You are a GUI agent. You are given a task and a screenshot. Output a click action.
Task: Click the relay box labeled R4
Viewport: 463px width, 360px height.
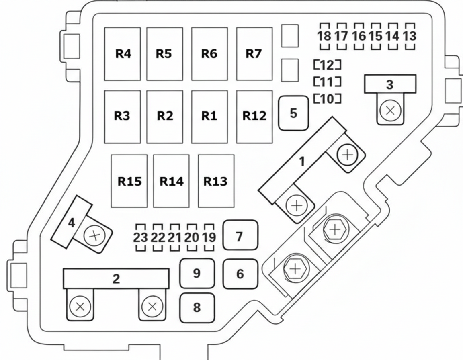123,54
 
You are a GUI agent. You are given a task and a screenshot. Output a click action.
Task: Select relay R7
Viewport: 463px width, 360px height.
254,54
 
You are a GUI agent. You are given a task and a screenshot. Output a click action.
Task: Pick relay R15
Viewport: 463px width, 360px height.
129,181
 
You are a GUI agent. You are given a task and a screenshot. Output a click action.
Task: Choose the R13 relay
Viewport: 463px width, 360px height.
216,181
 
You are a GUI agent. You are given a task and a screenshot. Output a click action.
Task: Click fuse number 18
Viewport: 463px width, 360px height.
324,36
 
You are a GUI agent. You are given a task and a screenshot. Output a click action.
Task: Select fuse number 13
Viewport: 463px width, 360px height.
410,36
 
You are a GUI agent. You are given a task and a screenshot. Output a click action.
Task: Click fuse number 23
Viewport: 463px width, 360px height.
140,237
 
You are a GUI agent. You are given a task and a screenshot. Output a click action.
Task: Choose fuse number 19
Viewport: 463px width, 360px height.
209,237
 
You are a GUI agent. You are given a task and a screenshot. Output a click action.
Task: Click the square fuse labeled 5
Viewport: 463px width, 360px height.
294,113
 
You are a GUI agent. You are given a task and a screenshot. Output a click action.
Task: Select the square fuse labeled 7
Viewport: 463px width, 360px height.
240,237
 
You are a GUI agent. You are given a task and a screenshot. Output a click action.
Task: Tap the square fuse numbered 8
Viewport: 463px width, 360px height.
197,308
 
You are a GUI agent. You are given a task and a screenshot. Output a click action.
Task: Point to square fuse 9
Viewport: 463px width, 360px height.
197,273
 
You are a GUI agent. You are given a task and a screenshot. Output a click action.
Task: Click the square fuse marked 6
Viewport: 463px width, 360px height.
240,274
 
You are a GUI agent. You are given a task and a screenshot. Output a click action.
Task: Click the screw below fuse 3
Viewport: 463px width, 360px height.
390,110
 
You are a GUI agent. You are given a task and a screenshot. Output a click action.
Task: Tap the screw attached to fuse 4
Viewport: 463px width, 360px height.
94,236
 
